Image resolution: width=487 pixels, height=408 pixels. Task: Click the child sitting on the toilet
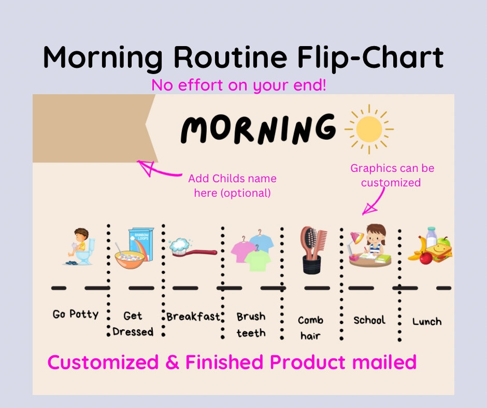pos(81,246)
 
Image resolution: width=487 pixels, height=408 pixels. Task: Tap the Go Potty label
pos(76,314)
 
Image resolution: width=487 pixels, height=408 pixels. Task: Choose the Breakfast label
pos(193,316)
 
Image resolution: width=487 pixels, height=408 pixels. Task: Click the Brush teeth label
pos(251,325)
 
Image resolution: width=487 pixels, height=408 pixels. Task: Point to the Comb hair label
pos(310,328)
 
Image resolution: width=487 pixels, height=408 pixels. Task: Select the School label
pos(369,320)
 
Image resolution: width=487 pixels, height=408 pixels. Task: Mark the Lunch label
pos(427,322)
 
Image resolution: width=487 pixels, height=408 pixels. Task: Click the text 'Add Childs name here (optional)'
pos(232,186)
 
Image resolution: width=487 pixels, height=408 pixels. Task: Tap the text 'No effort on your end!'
pos(239,85)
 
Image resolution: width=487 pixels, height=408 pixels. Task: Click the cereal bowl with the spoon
pos(130,257)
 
